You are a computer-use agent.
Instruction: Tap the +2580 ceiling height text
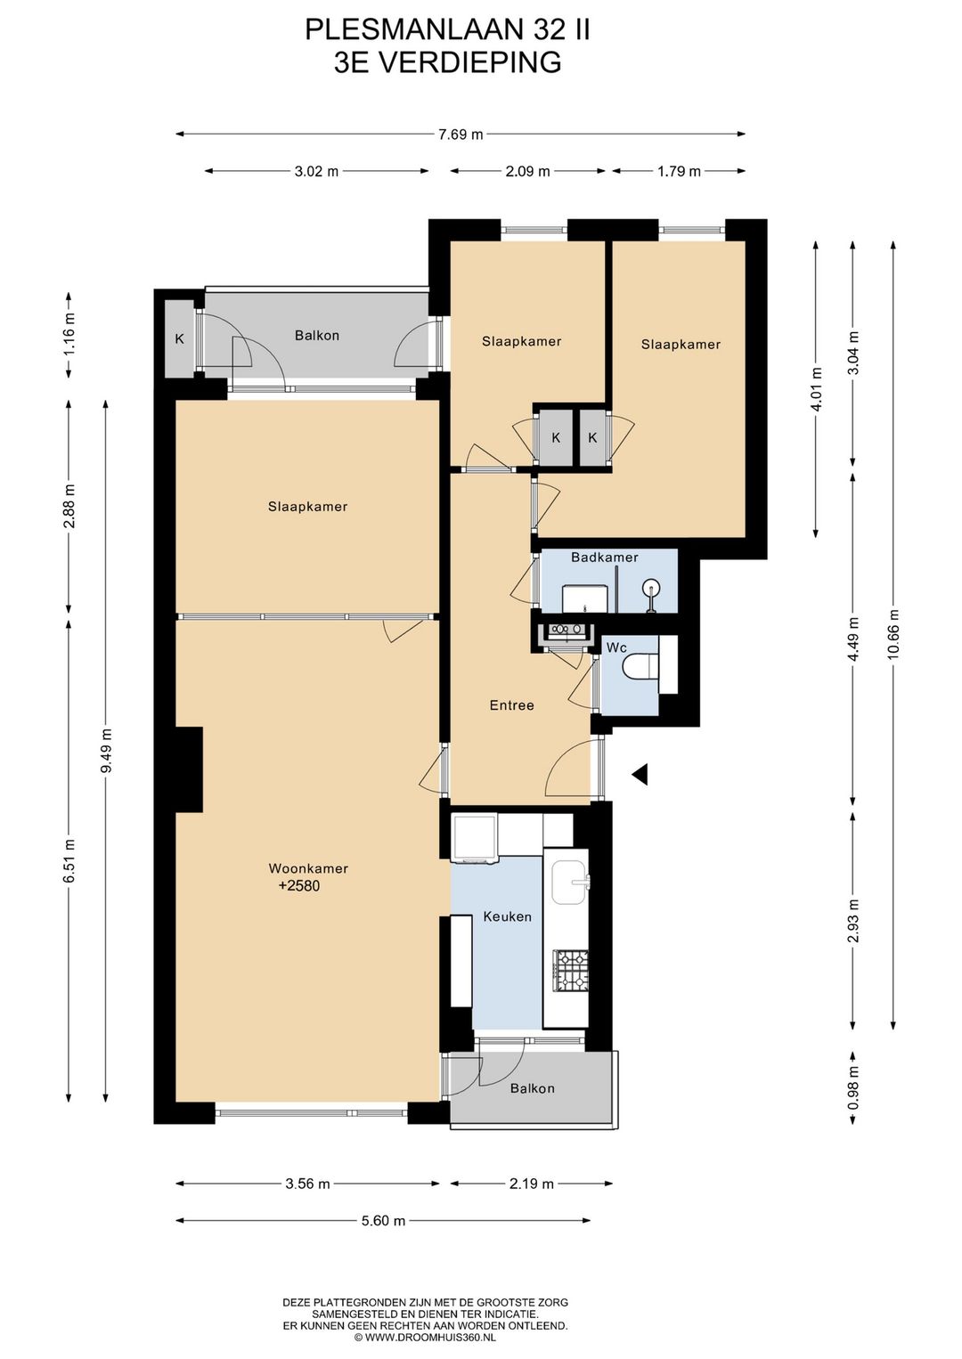coord(299,886)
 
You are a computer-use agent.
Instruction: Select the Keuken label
coord(508,916)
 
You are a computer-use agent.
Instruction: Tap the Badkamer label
coord(605,557)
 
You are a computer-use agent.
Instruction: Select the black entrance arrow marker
coord(640,774)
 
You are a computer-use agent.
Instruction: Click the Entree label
coord(511,705)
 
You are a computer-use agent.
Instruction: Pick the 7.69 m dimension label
coord(461,134)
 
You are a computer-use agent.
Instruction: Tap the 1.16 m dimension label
coord(69,333)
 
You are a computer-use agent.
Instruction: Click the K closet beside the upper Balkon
coord(180,338)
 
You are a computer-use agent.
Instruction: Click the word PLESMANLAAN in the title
coord(415,30)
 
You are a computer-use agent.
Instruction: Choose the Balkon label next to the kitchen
coord(533,1088)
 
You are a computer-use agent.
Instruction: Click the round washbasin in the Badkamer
coord(652,587)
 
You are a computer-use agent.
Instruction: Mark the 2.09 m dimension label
coord(528,171)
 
